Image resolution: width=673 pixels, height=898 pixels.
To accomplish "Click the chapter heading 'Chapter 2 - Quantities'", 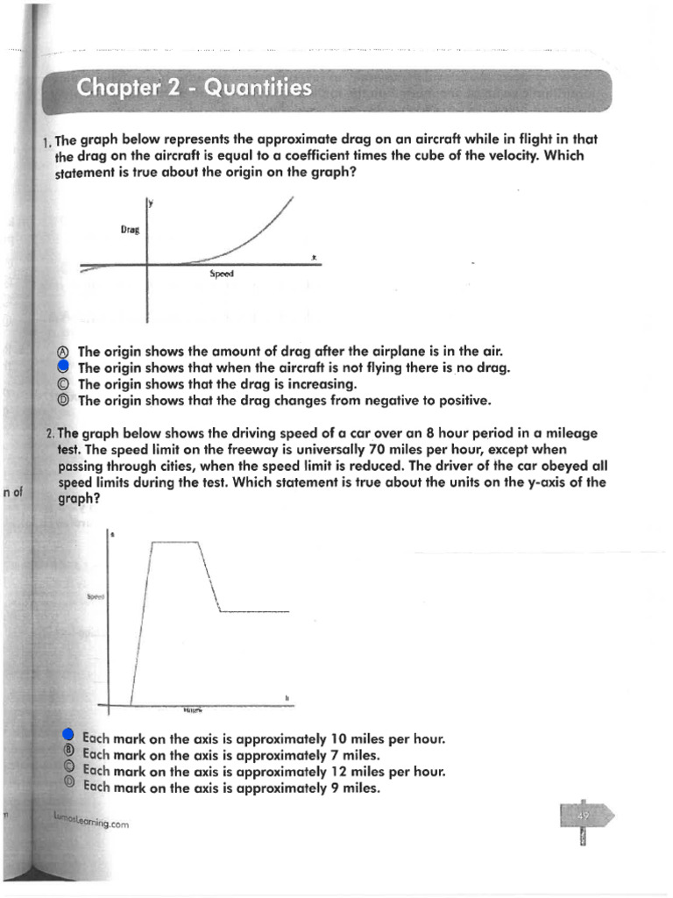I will click(x=194, y=88).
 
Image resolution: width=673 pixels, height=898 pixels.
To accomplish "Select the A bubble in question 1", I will click(x=65, y=351).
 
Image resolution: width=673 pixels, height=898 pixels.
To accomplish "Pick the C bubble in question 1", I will click(x=65, y=384).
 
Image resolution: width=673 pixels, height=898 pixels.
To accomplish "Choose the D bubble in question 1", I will click(x=65, y=401).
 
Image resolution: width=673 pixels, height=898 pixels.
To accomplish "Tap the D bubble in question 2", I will click(x=69, y=787).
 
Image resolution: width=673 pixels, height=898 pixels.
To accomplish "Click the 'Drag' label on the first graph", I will click(x=131, y=230).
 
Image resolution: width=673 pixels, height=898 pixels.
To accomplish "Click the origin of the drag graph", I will click(x=146, y=263).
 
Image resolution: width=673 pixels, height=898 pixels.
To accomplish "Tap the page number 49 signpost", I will click(x=584, y=816).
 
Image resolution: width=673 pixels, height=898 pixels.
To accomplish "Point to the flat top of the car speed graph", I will click(x=175, y=543).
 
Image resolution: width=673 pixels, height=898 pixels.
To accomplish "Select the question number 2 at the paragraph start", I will click(x=49, y=433).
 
